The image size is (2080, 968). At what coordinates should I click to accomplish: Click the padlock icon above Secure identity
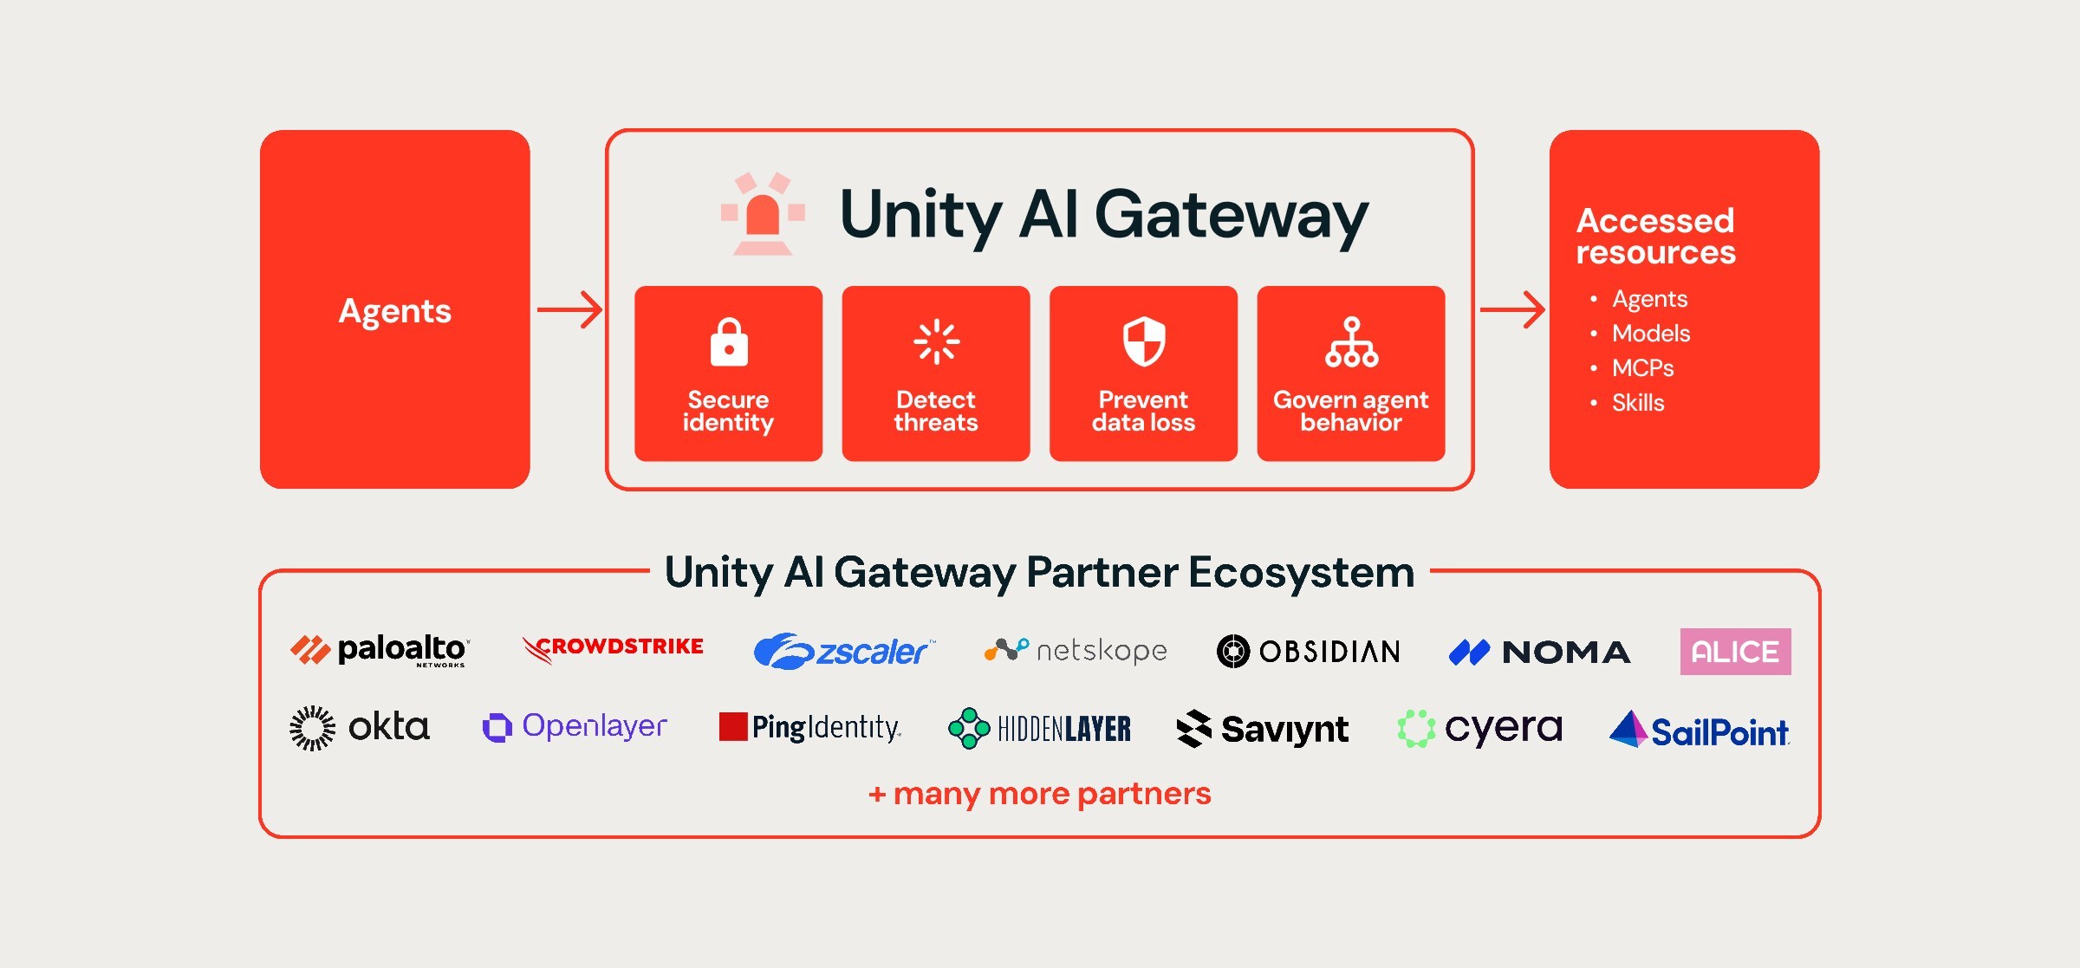729,342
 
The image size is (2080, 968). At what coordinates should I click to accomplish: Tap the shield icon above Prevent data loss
1144,341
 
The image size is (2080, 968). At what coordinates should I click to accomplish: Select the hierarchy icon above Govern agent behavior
1351,342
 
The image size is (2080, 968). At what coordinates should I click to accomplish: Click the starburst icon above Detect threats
936,341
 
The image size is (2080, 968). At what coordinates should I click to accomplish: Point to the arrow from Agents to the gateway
569,309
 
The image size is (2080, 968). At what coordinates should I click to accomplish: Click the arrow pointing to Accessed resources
1512,309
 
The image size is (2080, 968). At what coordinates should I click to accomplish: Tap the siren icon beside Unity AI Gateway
763,213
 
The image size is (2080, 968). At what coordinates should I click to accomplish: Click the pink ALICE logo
1735,652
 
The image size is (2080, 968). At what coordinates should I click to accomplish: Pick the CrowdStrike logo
613,648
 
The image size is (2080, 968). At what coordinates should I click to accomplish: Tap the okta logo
360,728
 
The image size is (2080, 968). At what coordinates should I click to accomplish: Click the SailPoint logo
1700,730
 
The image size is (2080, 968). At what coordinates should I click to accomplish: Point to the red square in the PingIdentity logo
733,726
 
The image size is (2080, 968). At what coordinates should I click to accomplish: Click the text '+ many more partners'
1040,793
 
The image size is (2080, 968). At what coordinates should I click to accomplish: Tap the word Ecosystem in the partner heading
1302,573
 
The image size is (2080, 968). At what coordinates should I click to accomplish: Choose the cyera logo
1480,729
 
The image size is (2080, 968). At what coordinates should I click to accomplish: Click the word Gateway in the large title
1232,216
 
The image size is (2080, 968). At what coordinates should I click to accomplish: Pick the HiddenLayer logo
1039,728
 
